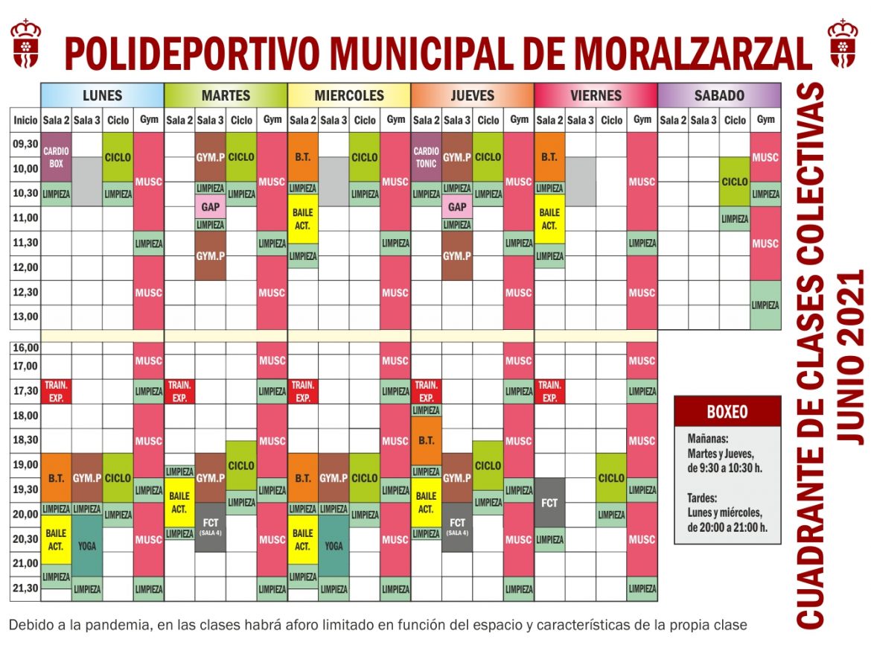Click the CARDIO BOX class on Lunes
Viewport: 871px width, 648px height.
[56, 156]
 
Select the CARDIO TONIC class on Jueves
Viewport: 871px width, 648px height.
[426, 156]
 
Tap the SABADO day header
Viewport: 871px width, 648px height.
[719, 95]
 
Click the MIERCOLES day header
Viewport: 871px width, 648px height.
[349, 95]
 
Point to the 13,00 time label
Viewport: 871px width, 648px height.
[25, 317]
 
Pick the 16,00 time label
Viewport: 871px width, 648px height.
[25, 348]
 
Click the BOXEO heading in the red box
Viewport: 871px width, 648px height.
[727, 412]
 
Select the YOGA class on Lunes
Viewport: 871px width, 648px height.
[87, 546]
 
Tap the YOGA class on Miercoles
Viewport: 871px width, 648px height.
[334, 546]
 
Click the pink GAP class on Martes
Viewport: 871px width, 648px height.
[210, 207]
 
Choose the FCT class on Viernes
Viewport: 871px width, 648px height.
[549, 503]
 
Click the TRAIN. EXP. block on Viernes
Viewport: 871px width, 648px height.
[549, 391]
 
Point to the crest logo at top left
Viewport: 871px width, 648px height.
[25, 43]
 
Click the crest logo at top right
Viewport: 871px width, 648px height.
[842, 43]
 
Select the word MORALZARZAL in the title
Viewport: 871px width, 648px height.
[692, 54]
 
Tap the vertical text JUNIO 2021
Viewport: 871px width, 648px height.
[850, 356]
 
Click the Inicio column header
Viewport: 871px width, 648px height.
[25, 120]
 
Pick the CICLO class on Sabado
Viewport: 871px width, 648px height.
[735, 182]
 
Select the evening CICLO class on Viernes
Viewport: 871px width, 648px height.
[611, 478]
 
